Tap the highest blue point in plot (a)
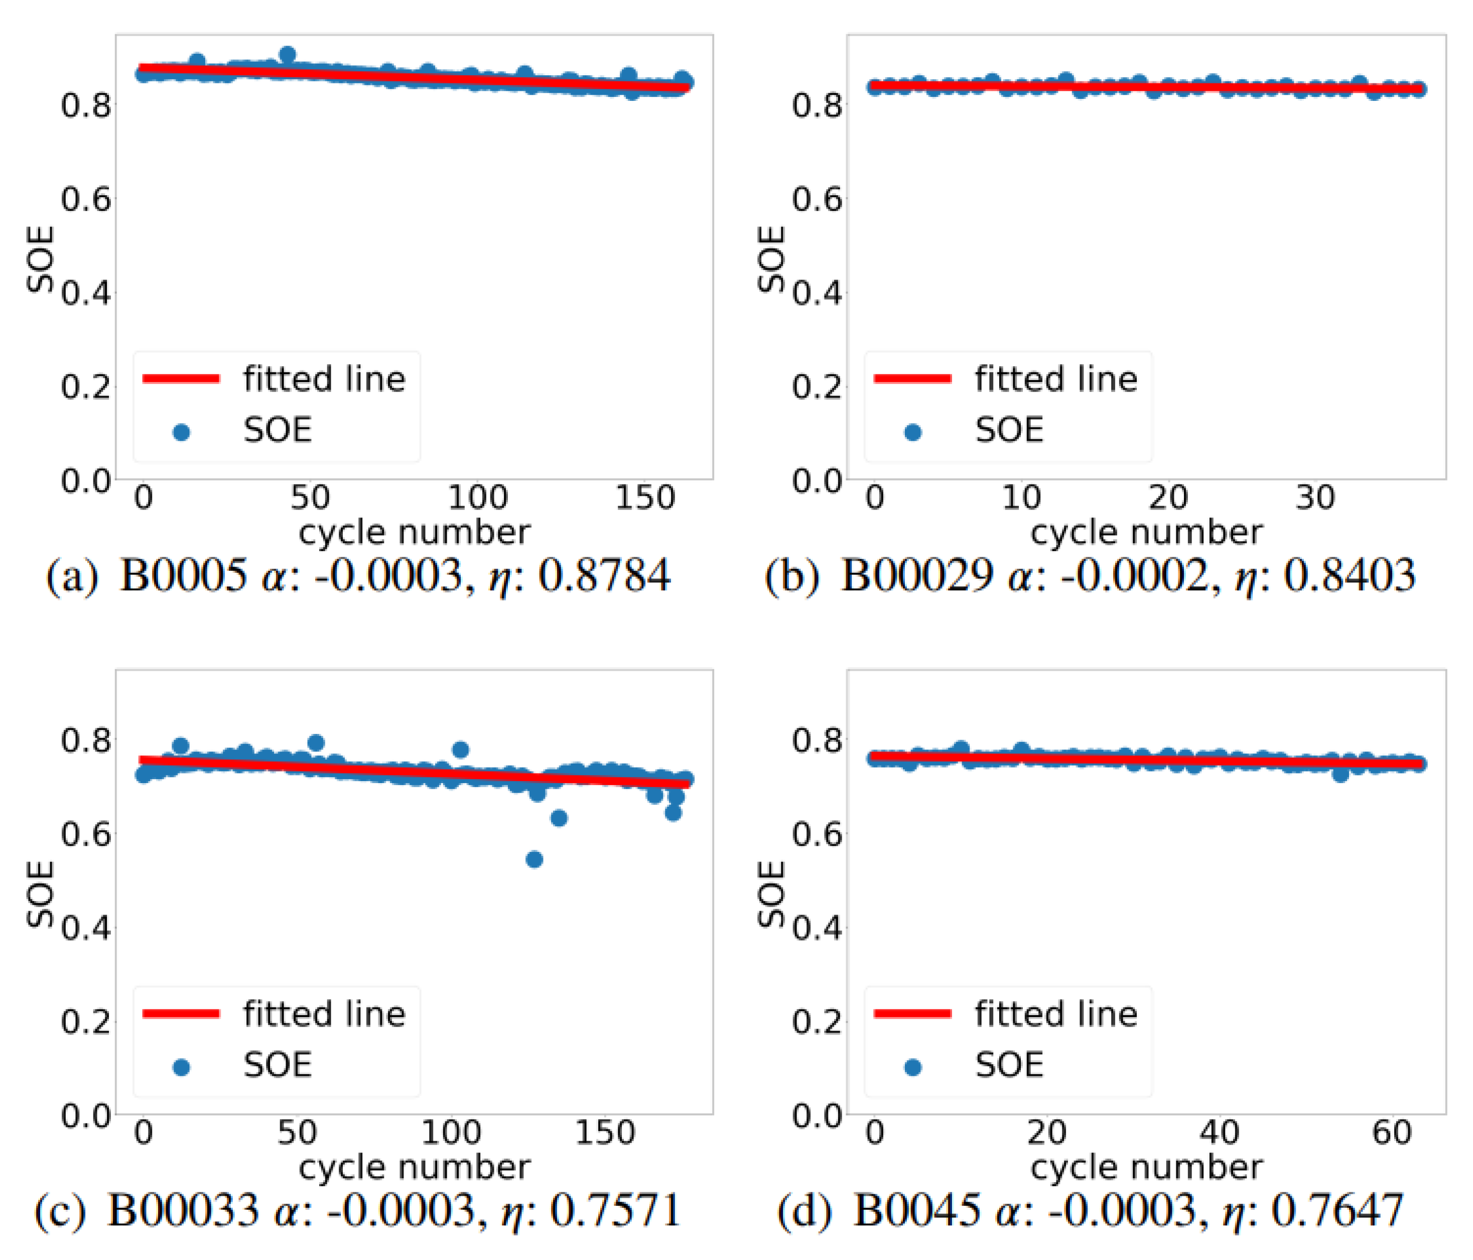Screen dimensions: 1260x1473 coord(287,55)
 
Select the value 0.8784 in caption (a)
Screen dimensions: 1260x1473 coord(604,575)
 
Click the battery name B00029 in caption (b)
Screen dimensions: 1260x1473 coord(916,575)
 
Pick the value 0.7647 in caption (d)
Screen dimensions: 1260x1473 coord(1336,1210)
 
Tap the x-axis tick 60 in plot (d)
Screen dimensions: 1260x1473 coord(1391,1132)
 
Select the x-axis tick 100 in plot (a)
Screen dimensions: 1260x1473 coord(477,498)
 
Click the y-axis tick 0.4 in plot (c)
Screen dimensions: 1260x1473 coord(85,928)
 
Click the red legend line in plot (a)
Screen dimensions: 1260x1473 coord(181,379)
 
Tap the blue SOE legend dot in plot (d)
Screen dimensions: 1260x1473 coord(913,1067)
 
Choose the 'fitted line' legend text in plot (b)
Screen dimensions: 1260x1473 coord(1056,379)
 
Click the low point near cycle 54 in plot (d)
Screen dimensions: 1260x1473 coord(1340,774)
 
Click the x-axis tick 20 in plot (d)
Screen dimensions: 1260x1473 coord(1046,1132)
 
